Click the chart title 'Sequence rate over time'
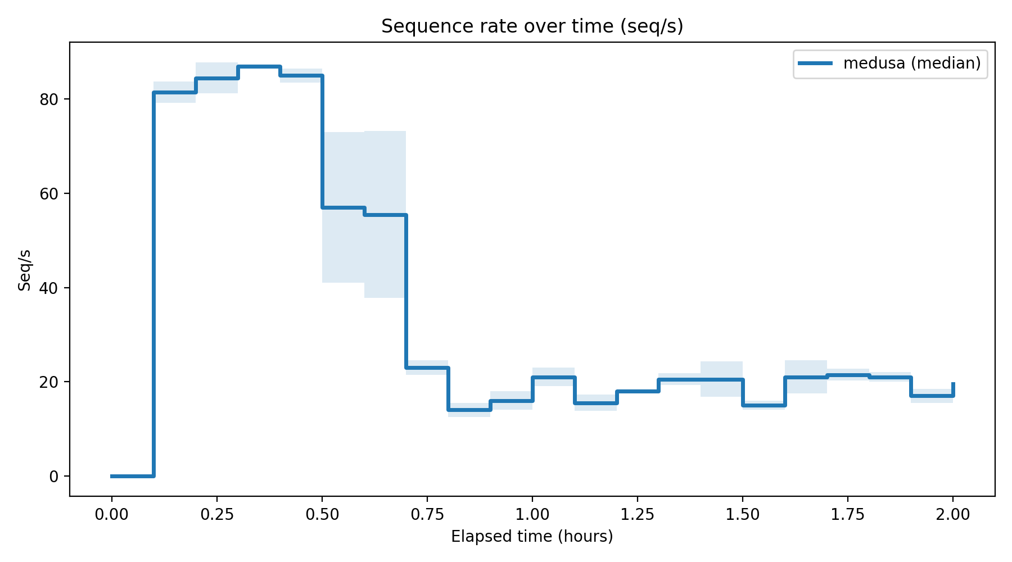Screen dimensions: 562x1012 (x=532, y=26)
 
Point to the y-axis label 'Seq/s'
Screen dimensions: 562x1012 (x=24, y=270)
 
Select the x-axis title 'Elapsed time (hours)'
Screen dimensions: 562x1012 (x=532, y=537)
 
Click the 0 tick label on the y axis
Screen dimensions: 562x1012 (x=53, y=477)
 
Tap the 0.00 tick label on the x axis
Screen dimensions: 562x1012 (x=111, y=514)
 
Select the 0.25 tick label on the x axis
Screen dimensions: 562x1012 (x=216, y=514)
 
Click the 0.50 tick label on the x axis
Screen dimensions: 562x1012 (x=322, y=514)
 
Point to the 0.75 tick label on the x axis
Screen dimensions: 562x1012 (x=427, y=514)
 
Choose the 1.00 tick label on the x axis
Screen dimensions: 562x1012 (x=532, y=514)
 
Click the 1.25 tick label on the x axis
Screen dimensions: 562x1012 (x=637, y=514)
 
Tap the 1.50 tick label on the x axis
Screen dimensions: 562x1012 (x=742, y=514)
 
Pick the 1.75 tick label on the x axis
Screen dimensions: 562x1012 (x=847, y=514)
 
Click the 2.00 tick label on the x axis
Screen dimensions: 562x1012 (x=952, y=514)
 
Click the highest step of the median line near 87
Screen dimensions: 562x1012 (x=259, y=66)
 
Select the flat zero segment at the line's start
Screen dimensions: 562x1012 (x=132, y=476)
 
